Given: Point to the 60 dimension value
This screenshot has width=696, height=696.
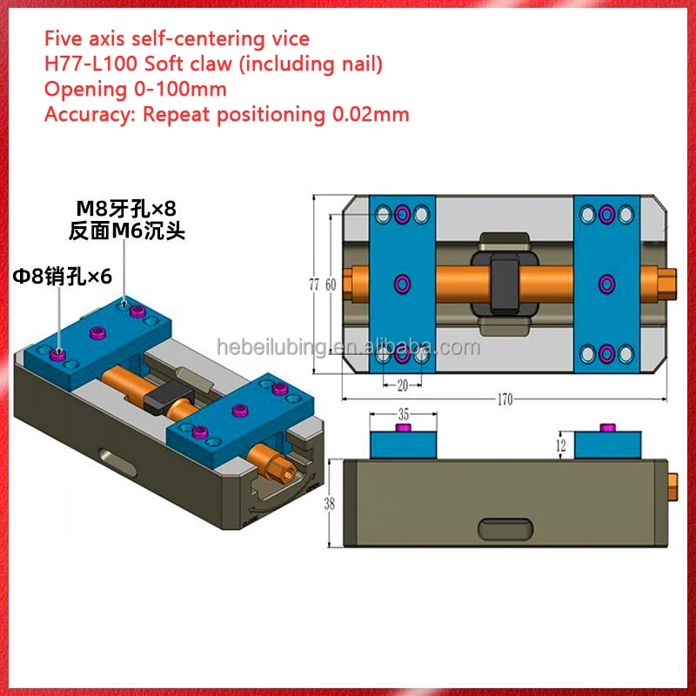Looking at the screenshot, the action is [x=331, y=284].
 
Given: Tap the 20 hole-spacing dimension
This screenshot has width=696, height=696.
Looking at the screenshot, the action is [x=401, y=383].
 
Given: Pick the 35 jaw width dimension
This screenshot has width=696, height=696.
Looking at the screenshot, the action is [x=402, y=415].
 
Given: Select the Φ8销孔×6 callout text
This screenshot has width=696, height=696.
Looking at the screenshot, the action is [x=62, y=276].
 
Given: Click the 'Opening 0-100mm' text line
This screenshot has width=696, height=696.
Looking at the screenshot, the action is [x=135, y=89].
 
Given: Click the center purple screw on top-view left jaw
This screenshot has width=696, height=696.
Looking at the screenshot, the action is [x=401, y=284].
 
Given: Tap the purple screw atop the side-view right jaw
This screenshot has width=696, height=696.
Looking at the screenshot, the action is [x=607, y=425].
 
